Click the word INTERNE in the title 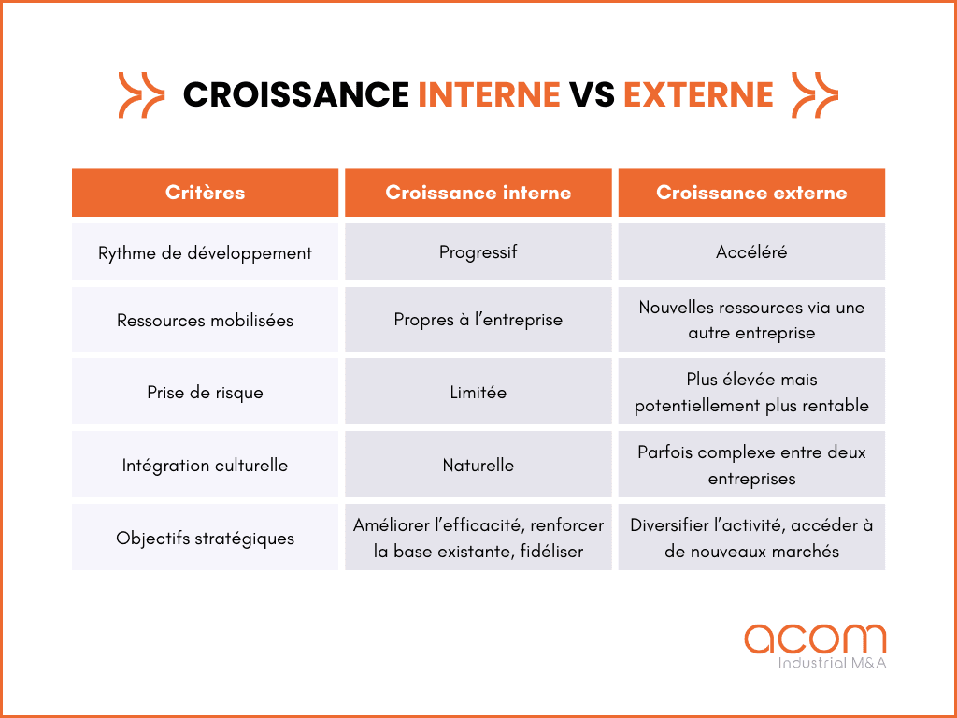point(489,94)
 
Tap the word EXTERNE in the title point(698,94)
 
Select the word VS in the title point(592,94)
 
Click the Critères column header point(205,193)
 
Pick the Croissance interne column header point(478,193)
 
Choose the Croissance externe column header point(751,193)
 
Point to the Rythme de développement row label point(205,252)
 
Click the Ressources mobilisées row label point(205,320)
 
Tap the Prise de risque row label point(205,393)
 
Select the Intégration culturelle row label point(205,465)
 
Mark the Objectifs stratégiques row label point(205,538)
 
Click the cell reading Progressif point(478,252)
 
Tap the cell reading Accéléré point(751,252)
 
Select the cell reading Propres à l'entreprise point(478,320)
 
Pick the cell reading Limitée point(478,393)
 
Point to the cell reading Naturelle point(478,465)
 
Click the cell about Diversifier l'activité point(751,538)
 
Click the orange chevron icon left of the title point(141,94)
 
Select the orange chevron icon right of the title point(815,94)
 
